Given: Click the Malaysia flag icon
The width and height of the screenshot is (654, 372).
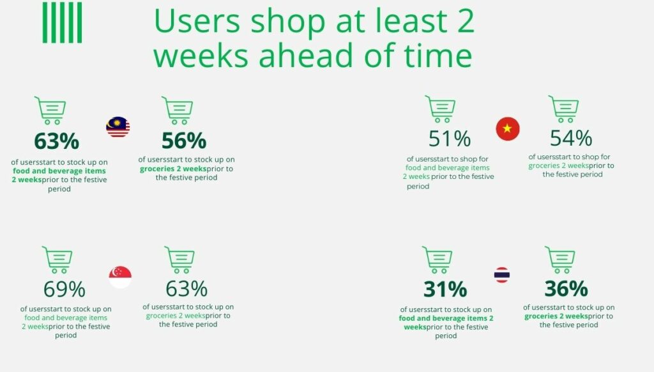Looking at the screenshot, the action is tap(118, 127).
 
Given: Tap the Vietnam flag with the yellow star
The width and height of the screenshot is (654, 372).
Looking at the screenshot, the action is tap(508, 128).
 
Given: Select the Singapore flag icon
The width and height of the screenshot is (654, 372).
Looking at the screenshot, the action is tap(120, 277).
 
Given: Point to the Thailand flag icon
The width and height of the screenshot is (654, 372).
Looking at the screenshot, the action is tap(502, 275).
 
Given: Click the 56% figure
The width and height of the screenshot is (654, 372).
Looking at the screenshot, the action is tap(184, 141).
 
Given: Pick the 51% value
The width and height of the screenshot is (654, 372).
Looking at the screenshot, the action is tap(449, 139).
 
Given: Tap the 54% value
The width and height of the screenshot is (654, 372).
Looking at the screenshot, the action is tap(570, 138).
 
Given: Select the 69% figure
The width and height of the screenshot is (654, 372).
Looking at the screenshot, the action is tap(65, 290).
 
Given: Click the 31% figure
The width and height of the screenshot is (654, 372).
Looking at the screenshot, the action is tap(445, 289).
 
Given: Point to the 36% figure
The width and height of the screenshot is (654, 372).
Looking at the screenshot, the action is tap(566, 288).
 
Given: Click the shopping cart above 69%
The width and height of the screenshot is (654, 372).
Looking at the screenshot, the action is tap(57, 260).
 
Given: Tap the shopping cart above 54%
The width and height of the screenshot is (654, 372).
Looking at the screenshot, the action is tap(563, 109).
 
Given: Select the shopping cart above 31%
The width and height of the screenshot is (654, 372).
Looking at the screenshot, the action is tap(437, 260).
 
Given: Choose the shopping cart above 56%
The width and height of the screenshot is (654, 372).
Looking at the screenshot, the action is tap(178, 110).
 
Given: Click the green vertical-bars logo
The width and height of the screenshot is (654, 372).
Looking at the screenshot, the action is tap(62, 22).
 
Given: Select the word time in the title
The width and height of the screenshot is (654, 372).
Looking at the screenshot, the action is tap(437, 55).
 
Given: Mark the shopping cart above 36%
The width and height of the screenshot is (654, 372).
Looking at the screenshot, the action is tap(560, 260).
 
